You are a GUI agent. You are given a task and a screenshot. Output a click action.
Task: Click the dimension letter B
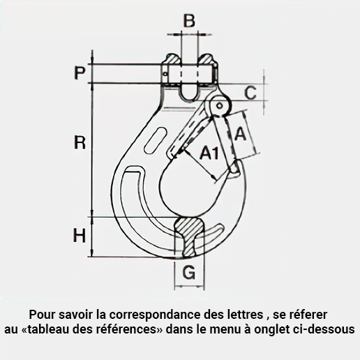tap(189, 20)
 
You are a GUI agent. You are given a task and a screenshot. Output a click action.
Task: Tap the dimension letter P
tap(80, 73)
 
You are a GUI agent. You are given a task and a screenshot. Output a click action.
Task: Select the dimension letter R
tap(80, 142)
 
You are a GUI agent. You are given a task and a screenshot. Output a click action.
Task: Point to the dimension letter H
tap(80, 235)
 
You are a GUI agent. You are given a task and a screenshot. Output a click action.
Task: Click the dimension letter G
tap(189, 272)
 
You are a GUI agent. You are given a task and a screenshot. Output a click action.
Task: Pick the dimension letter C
tap(250, 93)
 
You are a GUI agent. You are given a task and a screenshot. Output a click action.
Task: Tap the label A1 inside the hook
tap(209, 153)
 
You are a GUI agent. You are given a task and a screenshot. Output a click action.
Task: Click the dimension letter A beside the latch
tap(240, 134)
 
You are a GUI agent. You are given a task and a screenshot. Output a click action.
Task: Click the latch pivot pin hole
tap(219, 106)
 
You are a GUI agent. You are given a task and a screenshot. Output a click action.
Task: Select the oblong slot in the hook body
tap(156, 140)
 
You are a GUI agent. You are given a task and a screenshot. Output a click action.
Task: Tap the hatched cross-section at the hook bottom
tap(190, 236)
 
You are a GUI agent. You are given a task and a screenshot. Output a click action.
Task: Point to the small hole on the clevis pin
tap(165, 74)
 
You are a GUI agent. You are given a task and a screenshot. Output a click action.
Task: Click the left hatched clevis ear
tap(173, 59)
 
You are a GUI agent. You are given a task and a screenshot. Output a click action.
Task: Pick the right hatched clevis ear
tap(206, 59)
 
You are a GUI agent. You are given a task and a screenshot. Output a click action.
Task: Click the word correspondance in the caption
tap(155, 315)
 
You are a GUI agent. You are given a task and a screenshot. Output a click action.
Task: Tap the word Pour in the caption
tap(42, 315)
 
